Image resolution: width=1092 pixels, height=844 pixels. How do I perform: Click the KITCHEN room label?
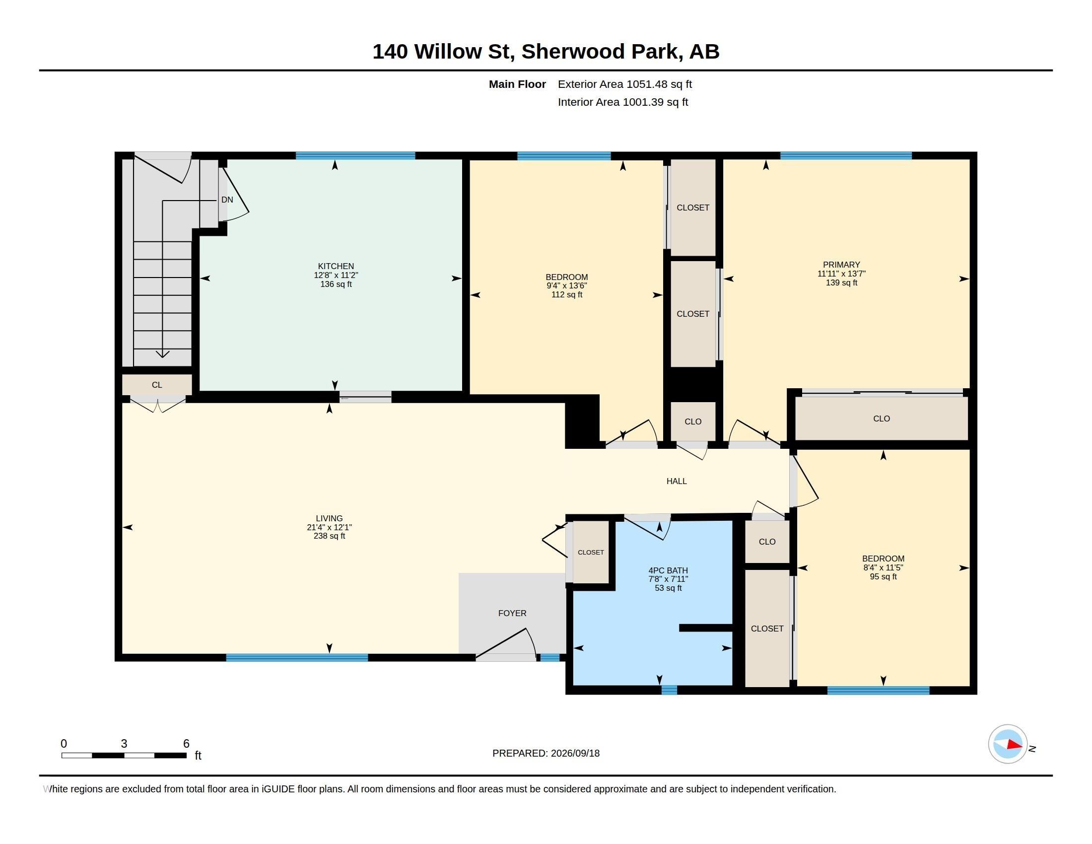[x=336, y=266]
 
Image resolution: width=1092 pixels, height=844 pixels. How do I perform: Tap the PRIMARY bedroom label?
[x=841, y=265]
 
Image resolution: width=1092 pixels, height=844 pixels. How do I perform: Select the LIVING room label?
[x=329, y=518]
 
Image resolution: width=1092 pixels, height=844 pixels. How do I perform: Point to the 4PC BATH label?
[x=668, y=570]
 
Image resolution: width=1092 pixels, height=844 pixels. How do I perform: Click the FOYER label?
[x=512, y=613]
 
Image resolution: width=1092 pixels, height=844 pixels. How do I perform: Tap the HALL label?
[x=677, y=481]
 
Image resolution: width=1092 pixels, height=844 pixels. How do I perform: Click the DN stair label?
[x=227, y=200]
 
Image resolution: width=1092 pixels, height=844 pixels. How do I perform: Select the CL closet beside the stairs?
[x=157, y=385]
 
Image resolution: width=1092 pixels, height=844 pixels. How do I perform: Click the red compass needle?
[x=1015, y=745]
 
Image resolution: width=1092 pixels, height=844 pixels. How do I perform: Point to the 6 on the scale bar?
[x=186, y=744]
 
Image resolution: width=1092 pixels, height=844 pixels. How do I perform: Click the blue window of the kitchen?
[x=355, y=155]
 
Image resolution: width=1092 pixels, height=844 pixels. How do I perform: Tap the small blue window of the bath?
[x=669, y=690]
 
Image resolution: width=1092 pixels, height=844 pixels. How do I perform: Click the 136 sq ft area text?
[x=336, y=284]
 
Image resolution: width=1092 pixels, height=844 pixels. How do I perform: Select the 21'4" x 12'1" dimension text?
[x=329, y=527]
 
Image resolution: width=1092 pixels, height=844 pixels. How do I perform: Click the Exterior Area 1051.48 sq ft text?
[x=625, y=84]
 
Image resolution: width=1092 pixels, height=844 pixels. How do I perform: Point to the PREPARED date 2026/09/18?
[x=574, y=753]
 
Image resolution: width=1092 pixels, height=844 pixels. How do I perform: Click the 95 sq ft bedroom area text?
[x=883, y=576]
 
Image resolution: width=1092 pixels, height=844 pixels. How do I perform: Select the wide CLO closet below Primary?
[x=882, y=419]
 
